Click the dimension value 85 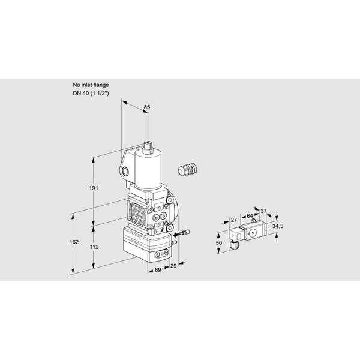pyautogui.click(x=147, y=107)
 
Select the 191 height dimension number pyautogui.click(x=94, y=188)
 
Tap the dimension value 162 pyautogui.click(x=74, y=242)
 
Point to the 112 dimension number pyautogui.click(x=94, y=247)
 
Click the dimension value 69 pyautogui.click(x=158, y=270)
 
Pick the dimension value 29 pyautogui.click(x=173, y=266)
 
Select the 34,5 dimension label pyautogui.click(x=278, y=226)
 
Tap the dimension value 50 pyautogui.click(x=219, y=242)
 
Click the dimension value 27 pyautogui.click(x=233, y=220)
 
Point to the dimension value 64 pyautogui.click(x=250, y=216)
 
